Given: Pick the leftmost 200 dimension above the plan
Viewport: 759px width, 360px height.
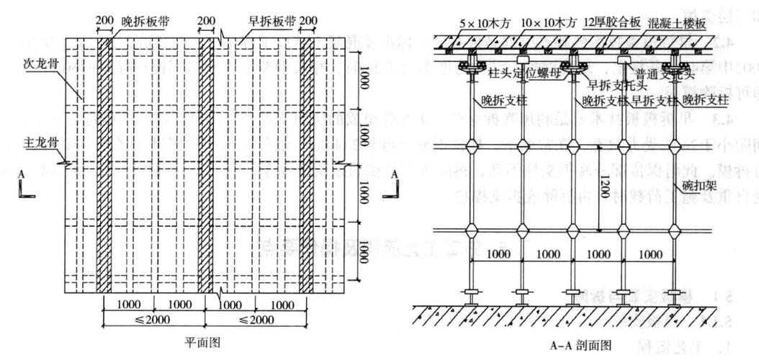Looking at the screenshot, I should point(103,22).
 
